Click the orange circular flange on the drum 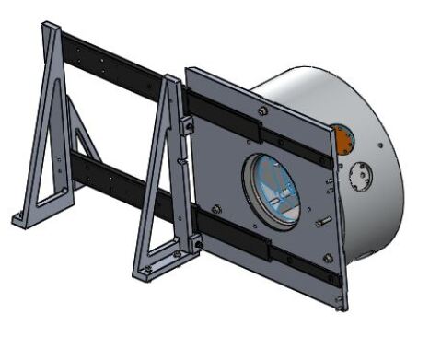(342, 139)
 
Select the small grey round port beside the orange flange (359, 174)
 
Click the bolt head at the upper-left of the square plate (263, 111)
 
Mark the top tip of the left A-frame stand (49, 27)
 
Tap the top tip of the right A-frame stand (171, 80)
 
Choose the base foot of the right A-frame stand (152, 271)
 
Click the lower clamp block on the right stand (194, 242)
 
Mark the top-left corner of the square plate (188, 70)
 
